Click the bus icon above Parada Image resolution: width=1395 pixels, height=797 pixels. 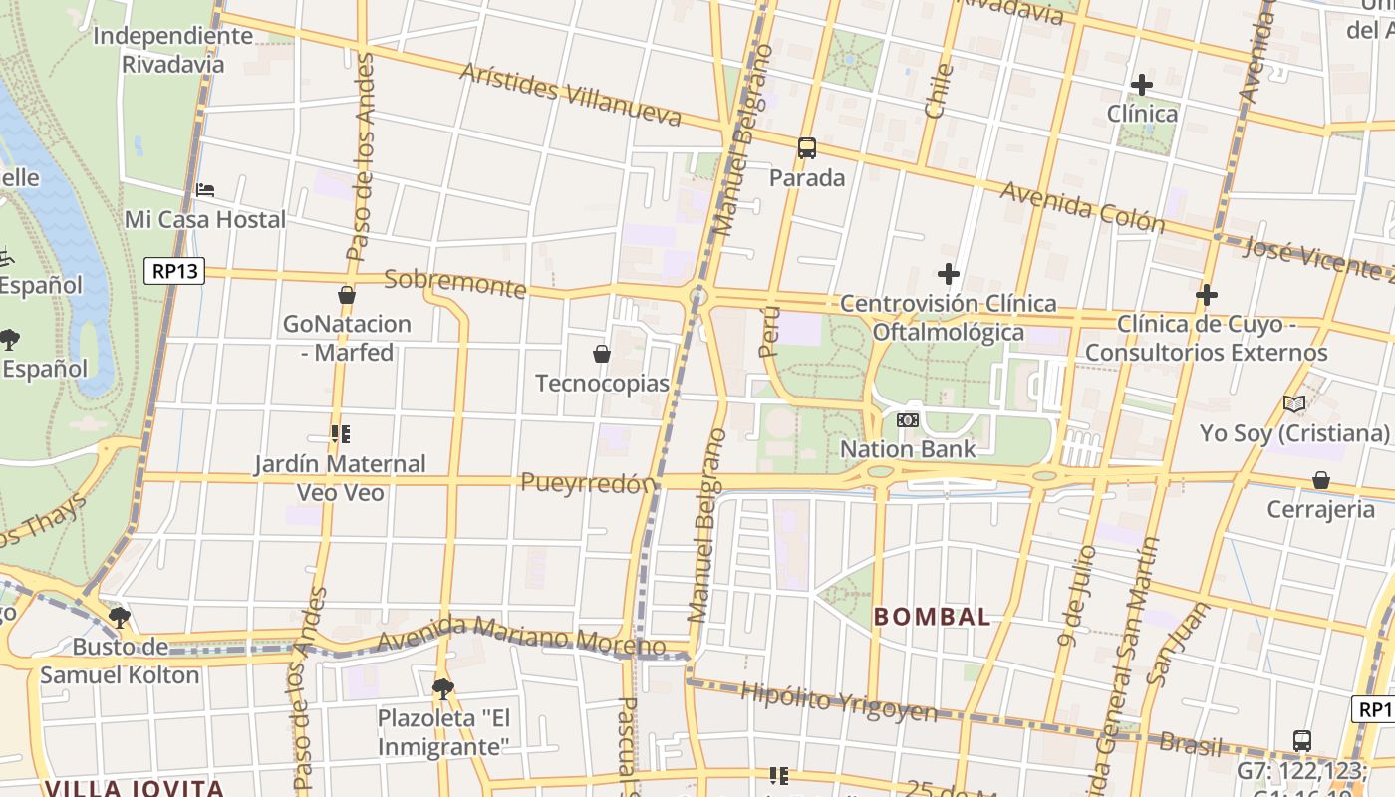pyautogui.click(x=807, y=148)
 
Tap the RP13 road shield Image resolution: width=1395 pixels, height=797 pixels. pyautogui.click(x=174, y=271)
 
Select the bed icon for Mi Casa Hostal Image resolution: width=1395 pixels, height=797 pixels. pyautogui.click(x=205, y=189)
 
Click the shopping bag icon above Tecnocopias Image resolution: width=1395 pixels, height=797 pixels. pyautogui.click(x=602, y=354)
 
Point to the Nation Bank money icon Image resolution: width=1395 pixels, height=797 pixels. pyautogui.click(x=907, y=420)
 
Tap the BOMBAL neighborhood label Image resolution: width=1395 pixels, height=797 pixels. pyautogui.click(x=933, y=617)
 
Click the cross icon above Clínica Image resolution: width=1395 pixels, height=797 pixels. pyautogui.click(x=1142, y=85)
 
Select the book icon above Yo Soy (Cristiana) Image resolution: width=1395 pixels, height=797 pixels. pyautogui.click(x=1294, y=404)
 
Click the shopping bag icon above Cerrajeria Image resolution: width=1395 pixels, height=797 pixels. pyautogui.click(x=1321, y=481)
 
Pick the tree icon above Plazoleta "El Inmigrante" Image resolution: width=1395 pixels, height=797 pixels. pyautogui.click(x=442, y=688)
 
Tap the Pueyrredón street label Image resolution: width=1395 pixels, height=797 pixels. pyautogui.click(x=589, y=483)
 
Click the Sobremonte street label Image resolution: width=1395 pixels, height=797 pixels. pyautogui.click(x=454, y=283)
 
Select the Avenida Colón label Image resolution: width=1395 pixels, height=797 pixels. pyautogui.click(x=1082, y=207)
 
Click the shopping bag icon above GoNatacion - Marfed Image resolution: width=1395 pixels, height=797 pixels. pyautogui.click(x=347, y=295)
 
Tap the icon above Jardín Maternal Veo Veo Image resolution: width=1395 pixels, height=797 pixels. pyautogui.click(x=340, y=434)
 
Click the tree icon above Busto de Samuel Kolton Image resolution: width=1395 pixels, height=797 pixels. pyautogui.click(x=120, y=618)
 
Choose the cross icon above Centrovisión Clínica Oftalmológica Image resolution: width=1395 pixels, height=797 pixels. pyautogui.click(x=949, y=273)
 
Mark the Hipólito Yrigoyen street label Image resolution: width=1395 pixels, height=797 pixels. pyautogui.click(x=838, y=703)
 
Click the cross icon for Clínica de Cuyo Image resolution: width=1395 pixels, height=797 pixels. pyautogui.click(x=1207, y=295)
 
